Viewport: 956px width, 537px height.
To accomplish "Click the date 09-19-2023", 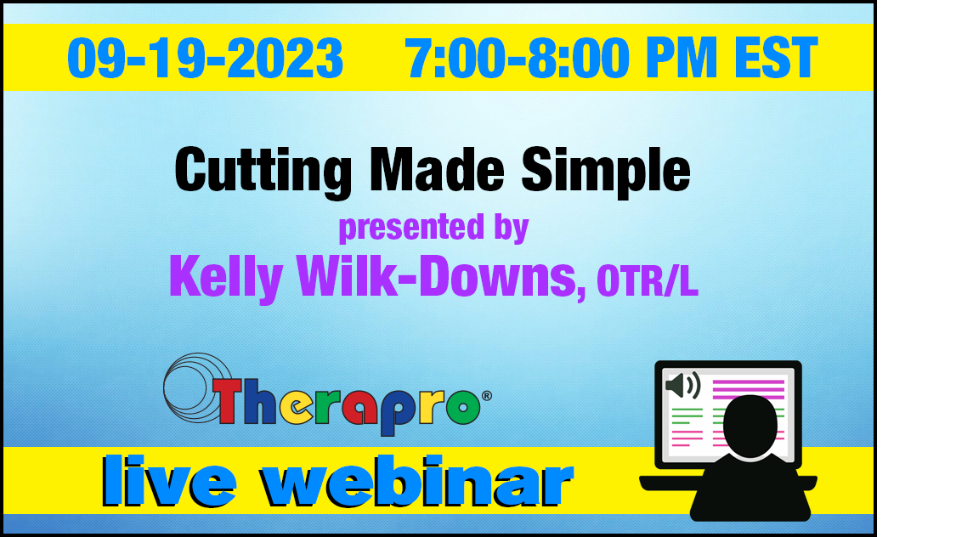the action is point(205,58).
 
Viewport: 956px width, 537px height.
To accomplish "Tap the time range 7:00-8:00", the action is point(517,58).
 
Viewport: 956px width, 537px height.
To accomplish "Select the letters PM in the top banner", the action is point(682,58).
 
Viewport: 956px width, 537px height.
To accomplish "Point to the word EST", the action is point(776,58).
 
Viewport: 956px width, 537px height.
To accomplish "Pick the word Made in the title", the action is point(437,170).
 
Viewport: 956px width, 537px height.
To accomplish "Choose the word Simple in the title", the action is point(605,172).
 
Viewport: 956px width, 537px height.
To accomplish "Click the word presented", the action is point(411,228).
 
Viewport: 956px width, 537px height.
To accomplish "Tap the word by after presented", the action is point(512,228).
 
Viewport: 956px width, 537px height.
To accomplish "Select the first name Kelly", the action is point(225,278).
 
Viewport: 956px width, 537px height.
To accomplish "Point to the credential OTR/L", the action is point(647,280).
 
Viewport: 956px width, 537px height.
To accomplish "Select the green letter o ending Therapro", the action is point(463,406).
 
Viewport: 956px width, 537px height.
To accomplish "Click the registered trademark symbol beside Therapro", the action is point(487,396).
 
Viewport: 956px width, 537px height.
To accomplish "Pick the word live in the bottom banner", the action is point(169,481).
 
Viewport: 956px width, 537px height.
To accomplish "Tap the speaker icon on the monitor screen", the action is point(683,386).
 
